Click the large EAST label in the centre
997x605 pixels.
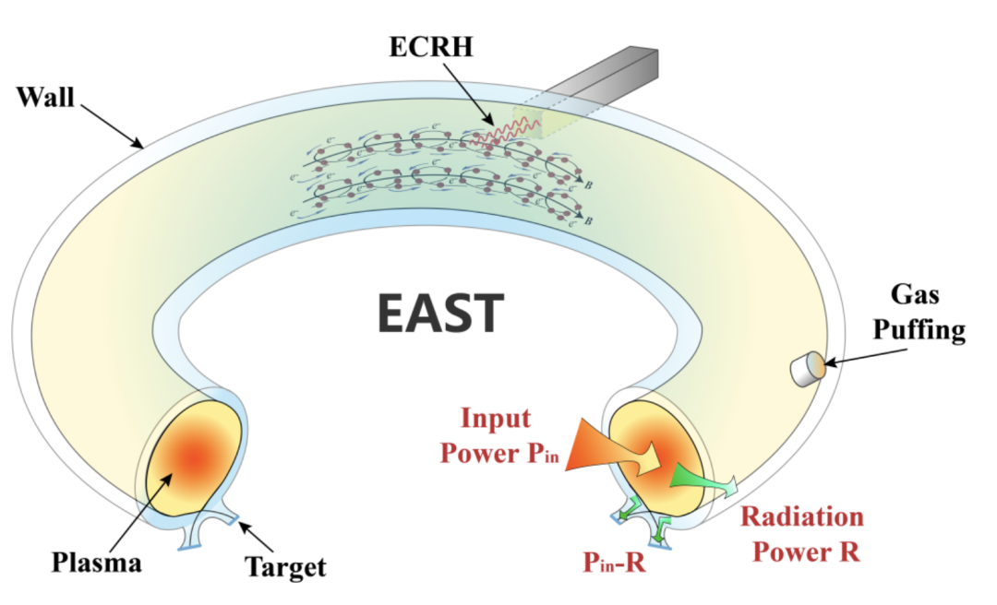click(x=440, y=313)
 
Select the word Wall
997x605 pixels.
click(x=45, y=96)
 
